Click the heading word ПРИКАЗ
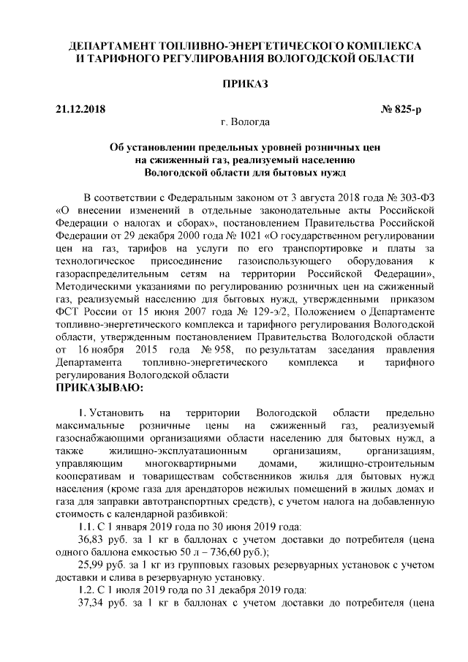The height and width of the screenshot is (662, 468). [235, 84]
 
